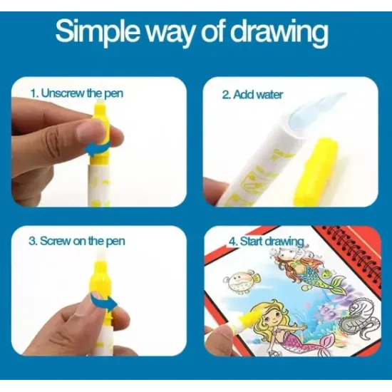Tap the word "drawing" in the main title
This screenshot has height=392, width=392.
[x=280, y=33]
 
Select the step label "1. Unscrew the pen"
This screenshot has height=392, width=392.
[x=77, y=93]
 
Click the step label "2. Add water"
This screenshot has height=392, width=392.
[x=252, y=95]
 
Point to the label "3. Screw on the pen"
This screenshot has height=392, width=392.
[x=77, y=241]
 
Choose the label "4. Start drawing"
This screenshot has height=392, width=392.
[x=267, y=242]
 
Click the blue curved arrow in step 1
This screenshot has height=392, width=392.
[x=98, y=148]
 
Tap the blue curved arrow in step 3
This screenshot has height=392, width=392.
[x=103, y=302]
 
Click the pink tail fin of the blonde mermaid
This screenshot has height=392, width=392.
[x=331, y=343]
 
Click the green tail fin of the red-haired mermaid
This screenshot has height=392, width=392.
[x=338, y=284]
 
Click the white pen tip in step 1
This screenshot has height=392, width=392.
[x=100, y=101]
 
